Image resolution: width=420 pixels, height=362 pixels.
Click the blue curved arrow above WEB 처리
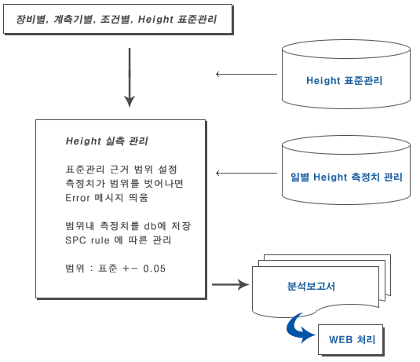pos(294,330)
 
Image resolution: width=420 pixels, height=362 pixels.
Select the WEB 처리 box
pos(351,340)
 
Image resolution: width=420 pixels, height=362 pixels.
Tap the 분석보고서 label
pos(311,286)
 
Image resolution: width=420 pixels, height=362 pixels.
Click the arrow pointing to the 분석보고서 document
pos(231,284)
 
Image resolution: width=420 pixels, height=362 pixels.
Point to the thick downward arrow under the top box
pos(130,78)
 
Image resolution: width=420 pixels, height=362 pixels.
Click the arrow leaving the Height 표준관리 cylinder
pos(247,75)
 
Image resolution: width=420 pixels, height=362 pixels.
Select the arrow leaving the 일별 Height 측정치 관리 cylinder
pos(247,174)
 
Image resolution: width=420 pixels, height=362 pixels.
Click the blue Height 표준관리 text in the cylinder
pos(344,80)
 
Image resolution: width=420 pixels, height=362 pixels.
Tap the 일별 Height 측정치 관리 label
pos(346,177)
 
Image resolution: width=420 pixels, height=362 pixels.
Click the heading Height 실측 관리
pos(107,141)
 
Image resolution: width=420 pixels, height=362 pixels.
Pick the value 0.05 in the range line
pos(155,269)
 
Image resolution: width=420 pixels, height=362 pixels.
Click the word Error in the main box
pos(78,198)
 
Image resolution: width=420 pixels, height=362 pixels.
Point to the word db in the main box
pos(150,226)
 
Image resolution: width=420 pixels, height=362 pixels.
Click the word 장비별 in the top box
pos(31,20)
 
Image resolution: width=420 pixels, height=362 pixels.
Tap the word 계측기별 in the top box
pos(73,20)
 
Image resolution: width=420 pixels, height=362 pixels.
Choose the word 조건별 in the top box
pos(115,20)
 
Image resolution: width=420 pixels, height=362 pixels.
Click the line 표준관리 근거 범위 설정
pos(122,170)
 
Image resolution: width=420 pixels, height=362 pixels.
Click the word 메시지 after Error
pos(109,198)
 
